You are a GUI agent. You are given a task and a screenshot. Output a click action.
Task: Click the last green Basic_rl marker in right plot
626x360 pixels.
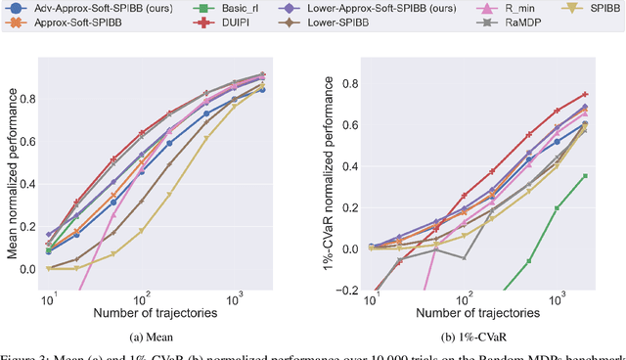(585, 176)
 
